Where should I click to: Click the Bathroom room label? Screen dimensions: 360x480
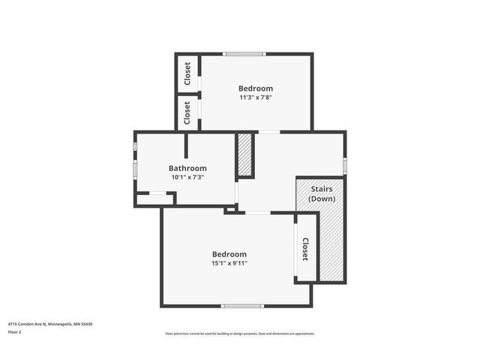(x=187, y=168)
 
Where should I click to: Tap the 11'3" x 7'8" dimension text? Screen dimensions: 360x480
(x=256, y=97)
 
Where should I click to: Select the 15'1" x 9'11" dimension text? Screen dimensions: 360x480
(x=229, y=263)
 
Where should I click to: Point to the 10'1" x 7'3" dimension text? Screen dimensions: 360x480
(x=187, y=178)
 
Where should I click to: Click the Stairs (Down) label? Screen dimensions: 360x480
(x=321, y=194)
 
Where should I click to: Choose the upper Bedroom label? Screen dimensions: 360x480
(x=256, y=87)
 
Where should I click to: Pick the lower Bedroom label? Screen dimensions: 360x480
(x=229, y=253)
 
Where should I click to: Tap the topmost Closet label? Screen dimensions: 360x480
(x=187, y=73)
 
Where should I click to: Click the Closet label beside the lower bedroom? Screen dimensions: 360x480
(x=305, y=250)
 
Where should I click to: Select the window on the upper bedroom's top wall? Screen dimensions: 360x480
(x=244, y=54)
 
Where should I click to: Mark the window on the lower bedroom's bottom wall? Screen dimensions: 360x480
(x=242, y=305)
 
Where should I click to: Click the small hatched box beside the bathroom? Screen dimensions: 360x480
(x=244, y=155)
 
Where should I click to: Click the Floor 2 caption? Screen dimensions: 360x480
(x=16, y=331)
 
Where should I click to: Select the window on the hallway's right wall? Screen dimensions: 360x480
(x=345, y=164)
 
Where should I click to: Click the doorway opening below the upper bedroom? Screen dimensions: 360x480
(x=269, y=132)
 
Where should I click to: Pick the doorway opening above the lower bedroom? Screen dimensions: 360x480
(x=258, y=213)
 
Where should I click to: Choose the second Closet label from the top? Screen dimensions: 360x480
(x=187, y=112)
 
